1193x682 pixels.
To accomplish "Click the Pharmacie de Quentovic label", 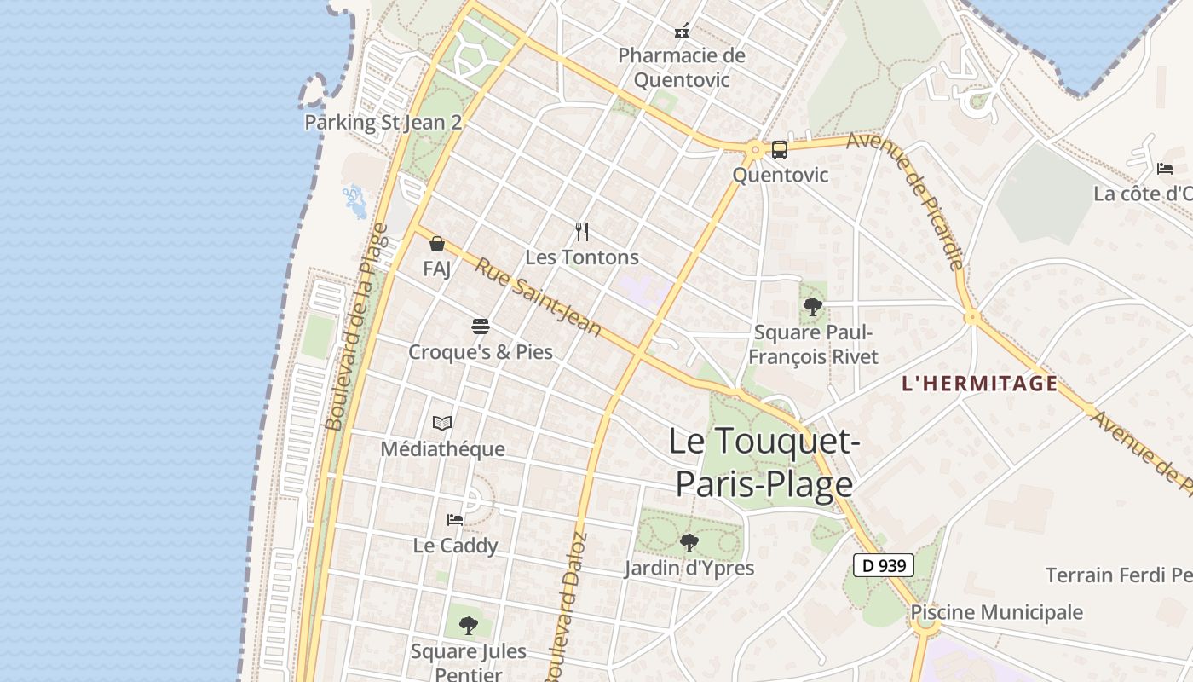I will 681,67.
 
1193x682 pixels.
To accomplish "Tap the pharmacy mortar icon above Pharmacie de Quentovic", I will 682,32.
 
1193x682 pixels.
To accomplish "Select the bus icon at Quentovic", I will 779,150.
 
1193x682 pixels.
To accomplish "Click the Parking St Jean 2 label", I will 383,122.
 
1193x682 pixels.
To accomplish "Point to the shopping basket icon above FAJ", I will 437,244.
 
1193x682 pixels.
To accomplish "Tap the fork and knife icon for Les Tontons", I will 582,231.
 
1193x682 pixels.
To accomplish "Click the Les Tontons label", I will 582,257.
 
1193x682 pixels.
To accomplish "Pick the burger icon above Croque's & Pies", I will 481,327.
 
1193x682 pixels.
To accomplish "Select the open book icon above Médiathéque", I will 442,423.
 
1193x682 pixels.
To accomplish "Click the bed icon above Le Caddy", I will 455,519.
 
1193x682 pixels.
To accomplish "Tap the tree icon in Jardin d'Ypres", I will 689,542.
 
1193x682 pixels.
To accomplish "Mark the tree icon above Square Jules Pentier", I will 468,626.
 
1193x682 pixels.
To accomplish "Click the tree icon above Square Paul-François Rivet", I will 813,307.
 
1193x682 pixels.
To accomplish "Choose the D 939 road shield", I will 884,564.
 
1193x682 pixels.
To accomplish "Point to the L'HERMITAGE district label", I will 979,384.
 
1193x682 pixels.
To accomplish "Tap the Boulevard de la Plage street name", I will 355,327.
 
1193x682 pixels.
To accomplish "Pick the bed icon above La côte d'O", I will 1165,168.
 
